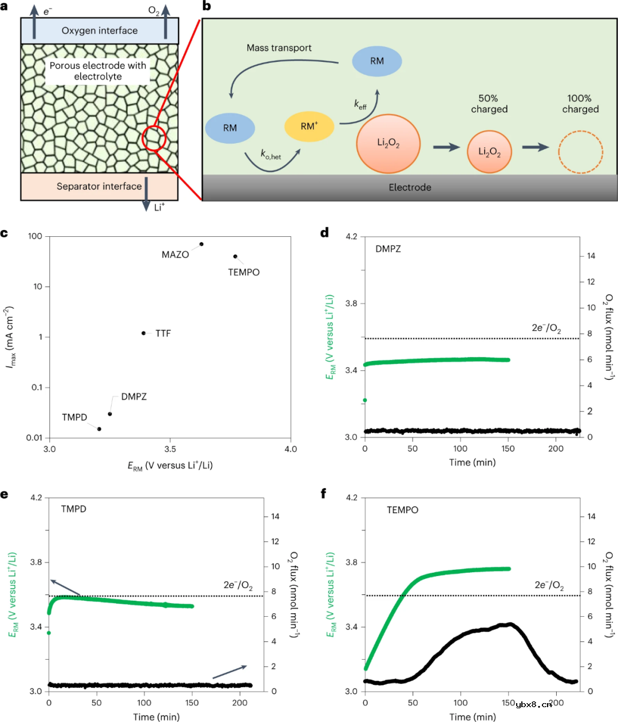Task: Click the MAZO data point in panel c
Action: pyautogui.click(x=201, y=244)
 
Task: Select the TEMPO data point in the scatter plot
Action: pyautogui.click(x=235, y=256)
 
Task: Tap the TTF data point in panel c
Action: pyautogui.click(x=144, y=333)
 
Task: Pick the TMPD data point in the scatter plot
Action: pyautogui.click(x=99, y=429)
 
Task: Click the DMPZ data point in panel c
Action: pyautogui.click(x=110, y=414)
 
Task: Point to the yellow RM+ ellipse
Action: pyautogui.click(x=309, y=126)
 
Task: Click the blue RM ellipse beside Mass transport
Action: pyautogui.click(x=377, y=61)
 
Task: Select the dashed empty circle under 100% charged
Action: pyautogui.click(x=580, y=152)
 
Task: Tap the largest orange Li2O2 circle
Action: pyautogui.click(x=389, y=143)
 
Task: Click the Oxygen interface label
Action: pyautogui.click(x=100, y=31)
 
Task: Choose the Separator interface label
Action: pyautogui.click(x=99, y=187)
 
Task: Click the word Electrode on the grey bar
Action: pyautogui.click(x=410, y=188)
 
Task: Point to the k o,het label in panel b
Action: pyautogui.click(x=271, y=154)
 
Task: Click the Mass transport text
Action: pyautogui.click(x=279, y=48)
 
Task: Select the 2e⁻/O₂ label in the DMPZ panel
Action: pyautogui.click(x=546, y=328)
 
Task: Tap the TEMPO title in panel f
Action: pyautogui.click(x=402, y=510)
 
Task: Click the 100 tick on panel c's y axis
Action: pyautogui.click(x=35, y=236)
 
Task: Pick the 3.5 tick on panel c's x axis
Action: pyautogui.click(x=170, y=449)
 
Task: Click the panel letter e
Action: pyautogui.click(x=5, y=493)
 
